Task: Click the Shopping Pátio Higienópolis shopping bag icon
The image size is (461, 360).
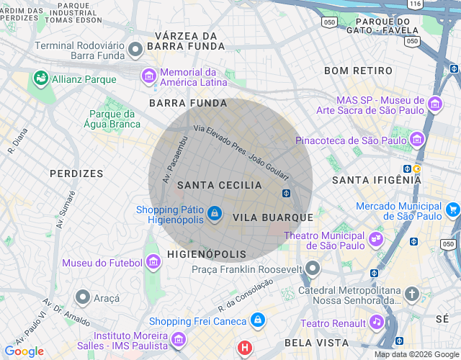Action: [x=214, y=214]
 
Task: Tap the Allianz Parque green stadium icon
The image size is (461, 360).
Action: [x=40, y=78]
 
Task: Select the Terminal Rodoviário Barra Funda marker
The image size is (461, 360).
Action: [x=136, y=50]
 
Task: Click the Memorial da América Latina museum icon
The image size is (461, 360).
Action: [x=149, y=76]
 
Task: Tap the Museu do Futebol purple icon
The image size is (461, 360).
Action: [x=153, y=263]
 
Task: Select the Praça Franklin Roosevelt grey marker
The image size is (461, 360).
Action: [x=312, y=269]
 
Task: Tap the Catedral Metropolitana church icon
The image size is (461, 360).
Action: [x=411, y=294]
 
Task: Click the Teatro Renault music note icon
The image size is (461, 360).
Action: [x=376, y=323]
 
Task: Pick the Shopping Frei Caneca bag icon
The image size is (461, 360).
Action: [x=258, y=320]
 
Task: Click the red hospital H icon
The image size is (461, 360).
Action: [x=245, y=348]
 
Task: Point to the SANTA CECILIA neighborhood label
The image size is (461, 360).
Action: [x=220, y=185]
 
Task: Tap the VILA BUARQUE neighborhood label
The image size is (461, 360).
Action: [x=273, y=217]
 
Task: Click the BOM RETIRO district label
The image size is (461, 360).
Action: [x=359, y=71]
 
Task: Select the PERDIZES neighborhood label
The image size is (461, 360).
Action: [x=76, y=174]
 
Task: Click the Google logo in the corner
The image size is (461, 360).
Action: [x=24, y=351]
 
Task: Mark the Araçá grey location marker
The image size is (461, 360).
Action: [x=83, y=297]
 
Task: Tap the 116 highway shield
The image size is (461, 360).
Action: [x=413, y=4]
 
